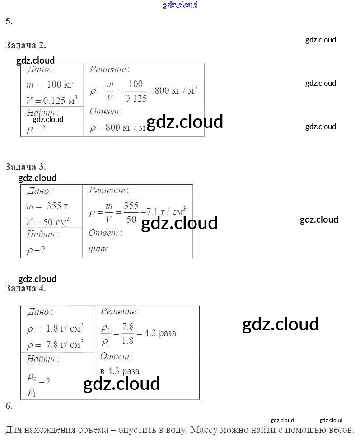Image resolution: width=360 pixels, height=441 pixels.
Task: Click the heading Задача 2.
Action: click(26, 45)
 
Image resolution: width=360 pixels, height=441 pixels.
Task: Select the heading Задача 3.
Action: click(26, 167)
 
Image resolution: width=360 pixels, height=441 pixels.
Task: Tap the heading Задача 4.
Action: click(26, 288)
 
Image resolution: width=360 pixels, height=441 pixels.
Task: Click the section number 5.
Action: click(9, 21)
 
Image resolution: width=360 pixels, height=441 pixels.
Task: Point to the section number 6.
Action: click(9, 406)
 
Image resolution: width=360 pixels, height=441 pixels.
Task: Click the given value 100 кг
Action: click(59, 85)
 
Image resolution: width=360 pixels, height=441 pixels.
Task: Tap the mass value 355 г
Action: click(57, 206)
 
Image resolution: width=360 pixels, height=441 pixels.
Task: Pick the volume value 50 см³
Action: click(56, 222)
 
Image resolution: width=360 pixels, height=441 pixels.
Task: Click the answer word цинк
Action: click(98, 249)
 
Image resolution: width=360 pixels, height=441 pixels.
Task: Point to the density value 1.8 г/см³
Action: click(65, 328)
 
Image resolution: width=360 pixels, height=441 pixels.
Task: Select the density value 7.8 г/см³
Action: click(65, 345)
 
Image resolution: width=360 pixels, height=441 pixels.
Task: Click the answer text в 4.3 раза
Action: click(120, 371)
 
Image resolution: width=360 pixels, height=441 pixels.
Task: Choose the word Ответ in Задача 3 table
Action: click(105, 233)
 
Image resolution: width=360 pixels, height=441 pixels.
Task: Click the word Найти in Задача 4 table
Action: click(42, 360)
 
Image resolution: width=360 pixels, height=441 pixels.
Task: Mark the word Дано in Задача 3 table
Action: click(40, 191)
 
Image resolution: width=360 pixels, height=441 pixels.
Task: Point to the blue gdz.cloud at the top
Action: click(180, 5)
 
